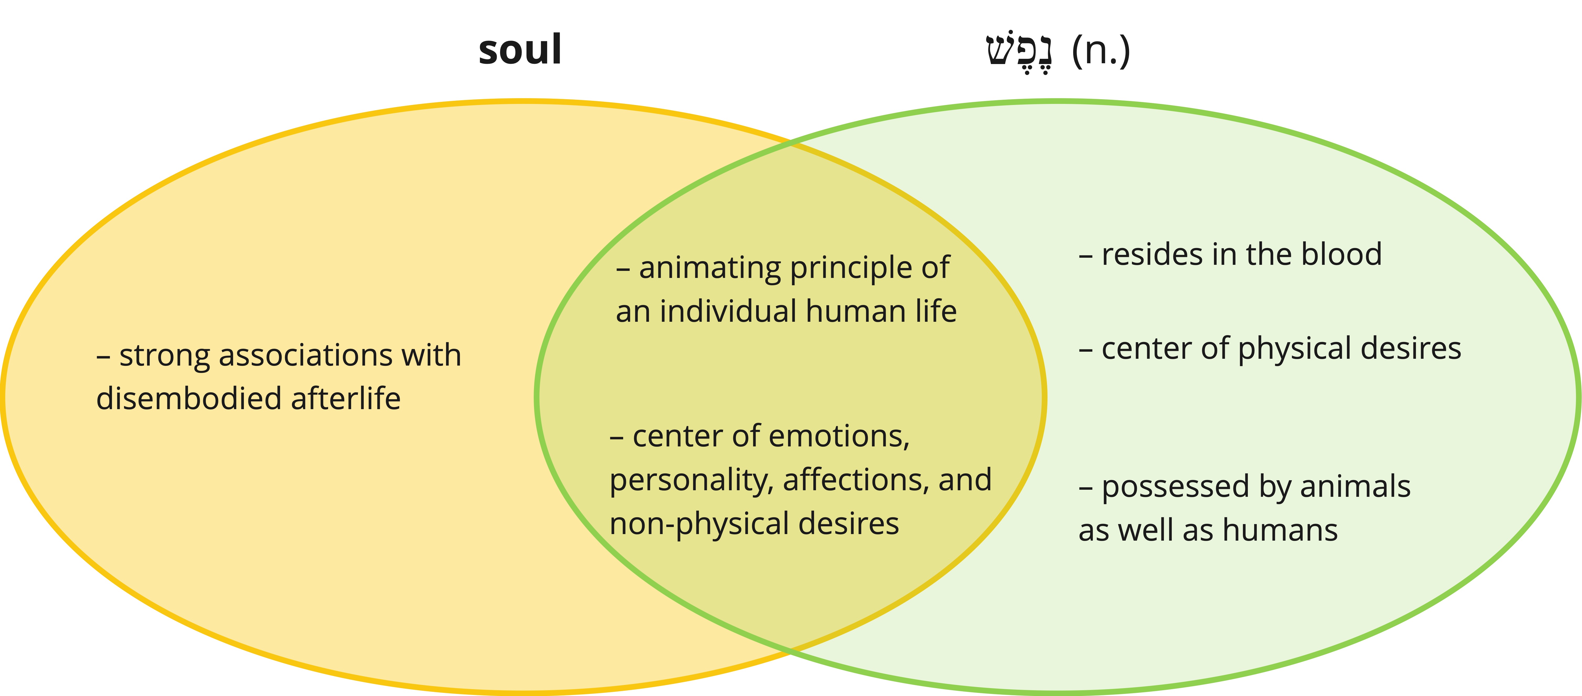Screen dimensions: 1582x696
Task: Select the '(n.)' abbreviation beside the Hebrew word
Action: click(x=1100, y=52)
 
